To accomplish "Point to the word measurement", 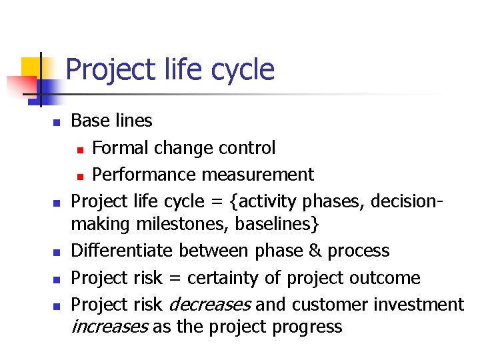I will click(258, 175).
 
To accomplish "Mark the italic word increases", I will click(109, 327).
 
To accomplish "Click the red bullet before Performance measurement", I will click(79, 176).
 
